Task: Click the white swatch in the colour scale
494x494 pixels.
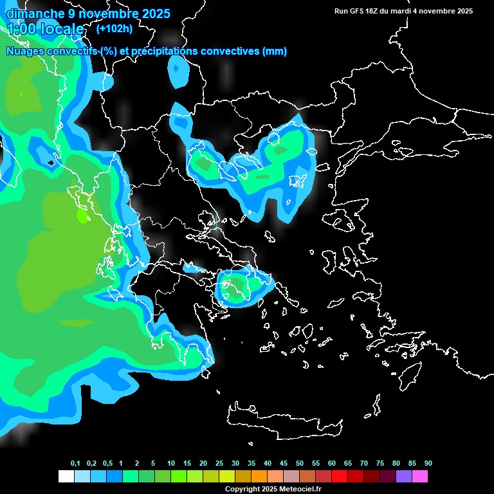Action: coord(66,477)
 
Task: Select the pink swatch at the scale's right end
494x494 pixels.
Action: coord(420,477)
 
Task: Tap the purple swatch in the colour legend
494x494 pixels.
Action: coord(404,477)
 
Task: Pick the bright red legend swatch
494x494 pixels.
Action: coord(340,477)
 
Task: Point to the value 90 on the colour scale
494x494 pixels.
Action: coord(428,464)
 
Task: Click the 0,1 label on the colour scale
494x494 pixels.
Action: coord(75,464)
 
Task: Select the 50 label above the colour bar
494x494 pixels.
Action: coord(300,464)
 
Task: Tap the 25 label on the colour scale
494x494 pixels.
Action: coord(219,464)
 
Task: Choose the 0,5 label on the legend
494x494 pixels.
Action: coord(107,464)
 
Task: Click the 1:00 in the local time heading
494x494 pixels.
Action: coord(23,29)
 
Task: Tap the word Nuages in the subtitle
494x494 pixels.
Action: coord(25,51)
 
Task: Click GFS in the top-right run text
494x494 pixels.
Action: coord(359,11)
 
